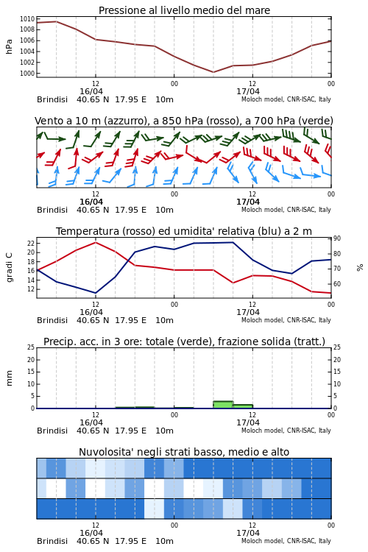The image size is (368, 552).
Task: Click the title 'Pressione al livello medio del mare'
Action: click(x=184, y=10)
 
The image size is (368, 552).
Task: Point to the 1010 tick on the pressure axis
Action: click(x=27, y=19)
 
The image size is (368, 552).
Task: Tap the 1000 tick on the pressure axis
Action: click(x=27, y=73)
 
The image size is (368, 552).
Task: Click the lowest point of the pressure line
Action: click(x=213, y=72)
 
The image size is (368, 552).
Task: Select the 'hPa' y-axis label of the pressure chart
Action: click(x=9, y=46)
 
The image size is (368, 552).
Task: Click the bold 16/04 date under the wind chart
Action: click(x=91, y=202)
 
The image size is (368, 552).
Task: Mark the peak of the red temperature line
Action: click(x=96, y=242)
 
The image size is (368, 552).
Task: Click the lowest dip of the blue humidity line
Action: click(x=96, y=293)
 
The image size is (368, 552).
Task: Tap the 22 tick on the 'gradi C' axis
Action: click(x=31, y=244)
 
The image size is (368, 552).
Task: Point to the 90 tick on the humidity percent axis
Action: click(x=337, y=238)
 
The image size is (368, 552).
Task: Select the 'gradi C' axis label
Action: click(x=9, y=267)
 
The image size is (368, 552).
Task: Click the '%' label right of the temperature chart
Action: click(x=360, y=268)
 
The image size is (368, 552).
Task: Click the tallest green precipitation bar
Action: click(x=223, y=405)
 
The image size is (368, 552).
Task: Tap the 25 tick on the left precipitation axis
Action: click(x=31, y=347)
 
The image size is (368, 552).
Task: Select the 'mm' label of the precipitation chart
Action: click(x=9, y=378)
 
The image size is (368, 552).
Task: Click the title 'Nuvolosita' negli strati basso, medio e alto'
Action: click(x=184, y=452)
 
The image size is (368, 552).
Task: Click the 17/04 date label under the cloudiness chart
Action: click(x=248, y=533)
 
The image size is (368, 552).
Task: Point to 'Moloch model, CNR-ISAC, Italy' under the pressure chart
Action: click(x=286, y=99)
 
